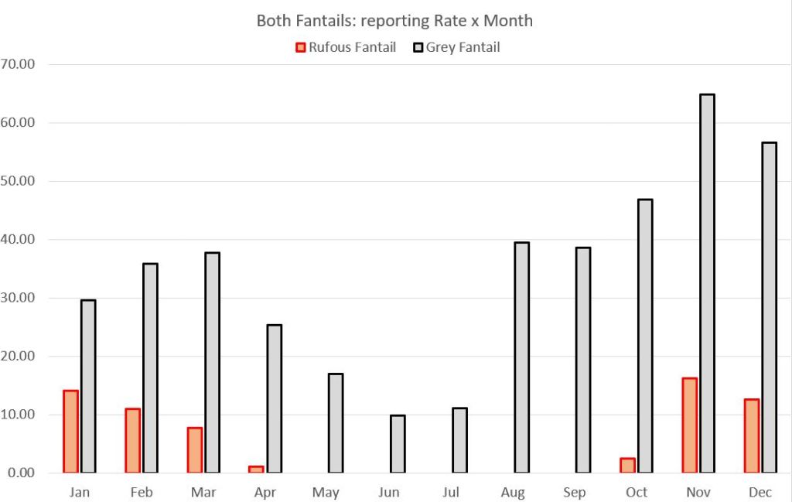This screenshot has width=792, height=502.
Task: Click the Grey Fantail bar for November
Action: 707,283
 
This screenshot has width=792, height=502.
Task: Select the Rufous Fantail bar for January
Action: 70,432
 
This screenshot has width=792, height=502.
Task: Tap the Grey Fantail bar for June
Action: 398,444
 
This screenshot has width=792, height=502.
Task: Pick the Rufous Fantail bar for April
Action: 256,470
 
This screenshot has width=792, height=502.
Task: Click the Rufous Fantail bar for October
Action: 627,466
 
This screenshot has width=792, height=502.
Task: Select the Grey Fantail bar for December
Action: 769,307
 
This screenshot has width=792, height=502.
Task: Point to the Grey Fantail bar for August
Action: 521,357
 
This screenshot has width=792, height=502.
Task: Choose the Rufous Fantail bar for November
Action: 689,425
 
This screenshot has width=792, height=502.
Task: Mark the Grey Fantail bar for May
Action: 336,423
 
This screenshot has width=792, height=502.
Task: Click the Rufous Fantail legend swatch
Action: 301,48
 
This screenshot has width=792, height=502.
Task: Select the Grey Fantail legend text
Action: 463,47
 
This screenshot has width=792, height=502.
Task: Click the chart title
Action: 394,21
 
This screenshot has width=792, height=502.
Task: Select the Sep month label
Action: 575,493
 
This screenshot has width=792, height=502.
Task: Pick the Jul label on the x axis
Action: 451,493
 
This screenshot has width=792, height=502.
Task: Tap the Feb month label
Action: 142,493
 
